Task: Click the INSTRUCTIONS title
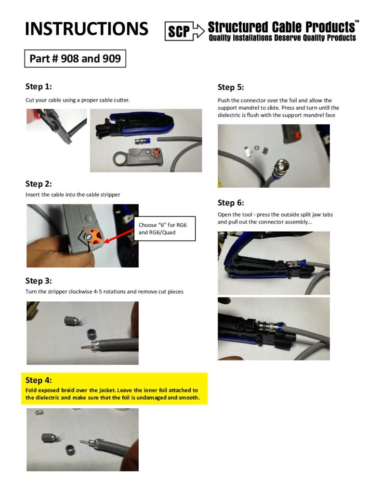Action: [x=87, y=28]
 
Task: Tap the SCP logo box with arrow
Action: [x=184, y=31]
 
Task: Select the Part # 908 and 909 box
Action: [x=75, y=58]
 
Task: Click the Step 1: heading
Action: [x=39, y=87]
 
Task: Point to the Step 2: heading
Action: [x=39, y=183]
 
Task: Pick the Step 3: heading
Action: [x=39, y=281]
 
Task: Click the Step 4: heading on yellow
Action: [x=39, y=380]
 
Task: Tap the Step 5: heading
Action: [x=231, y=87]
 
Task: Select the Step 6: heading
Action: [x=231, y=203]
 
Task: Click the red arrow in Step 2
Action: [x=119, y=236]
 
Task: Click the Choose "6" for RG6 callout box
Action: [x=165, y=229]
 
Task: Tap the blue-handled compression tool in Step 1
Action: [x=135, y=126]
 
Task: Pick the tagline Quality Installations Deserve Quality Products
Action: [x=282, y=38]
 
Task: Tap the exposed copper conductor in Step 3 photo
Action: [x=86, y=348]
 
